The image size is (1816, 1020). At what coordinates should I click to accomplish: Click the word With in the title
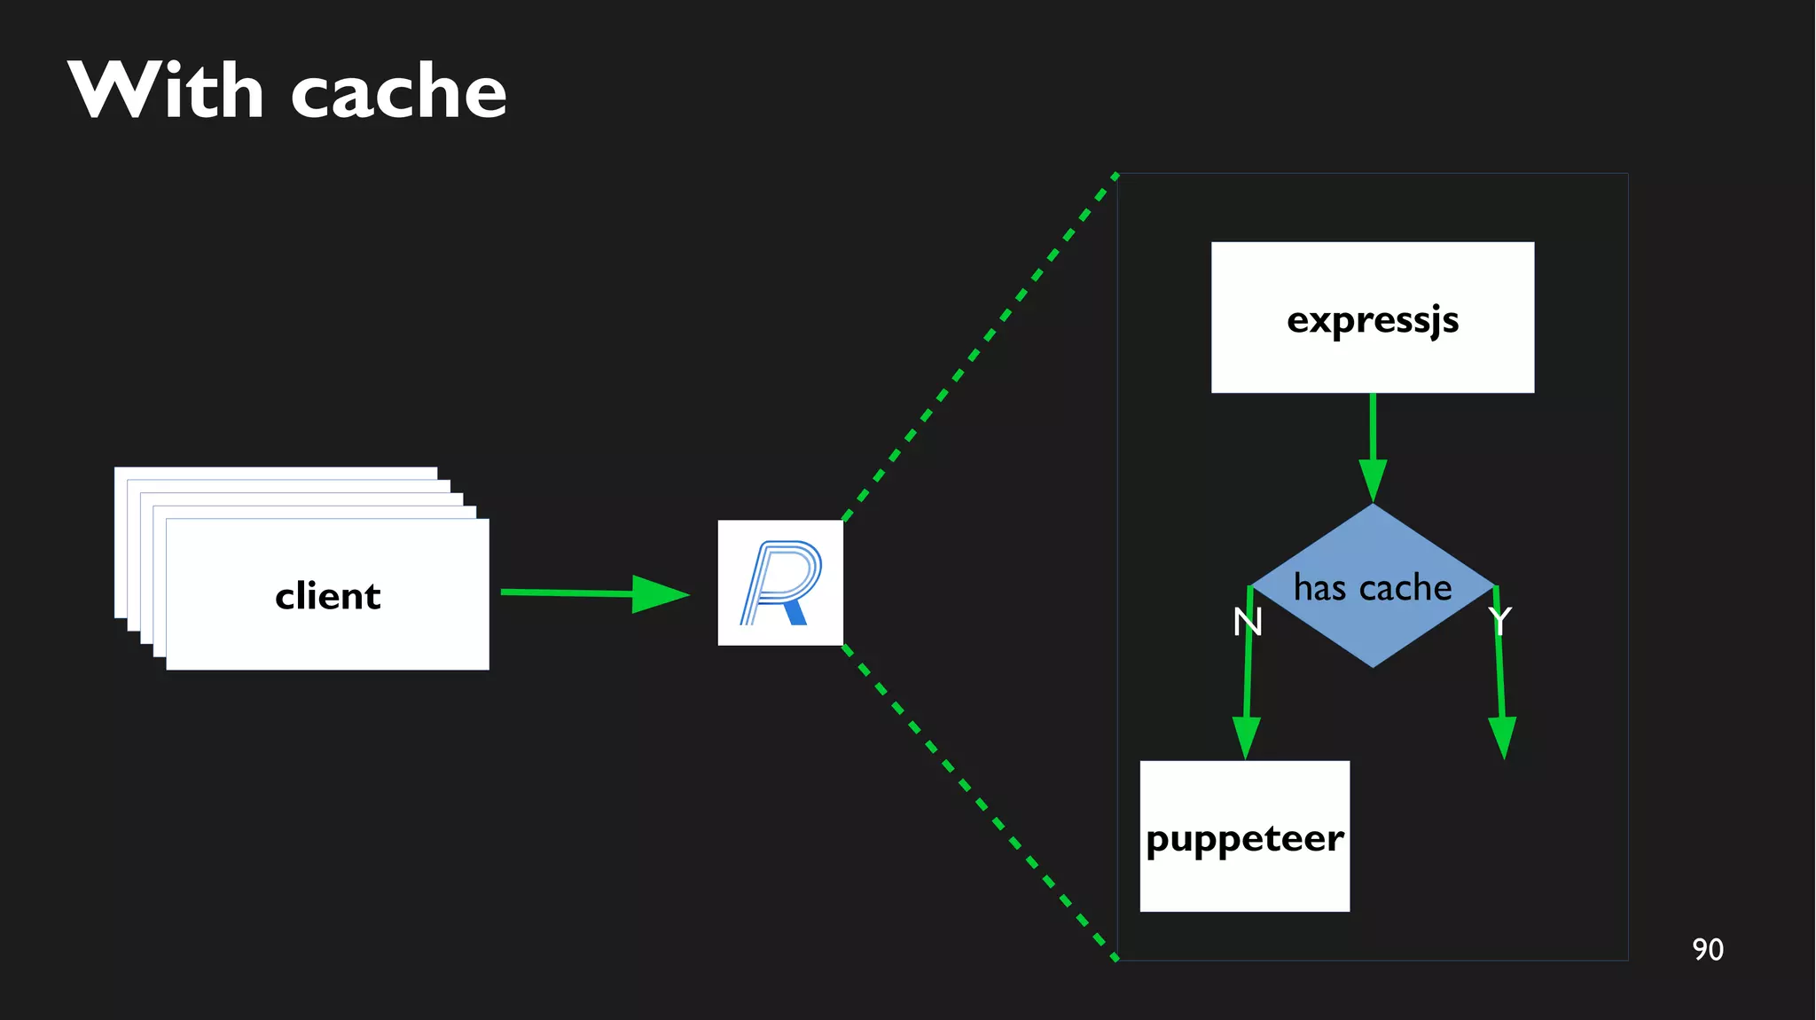(x=166, y=90)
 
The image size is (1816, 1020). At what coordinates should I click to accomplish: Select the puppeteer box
(x=1244, y=878)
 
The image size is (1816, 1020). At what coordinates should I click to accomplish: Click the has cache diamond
(x=1372, y=621)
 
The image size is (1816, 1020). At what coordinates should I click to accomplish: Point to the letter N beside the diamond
(x=1248, y=622)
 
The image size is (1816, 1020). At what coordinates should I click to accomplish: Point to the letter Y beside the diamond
(x=1499, y=621)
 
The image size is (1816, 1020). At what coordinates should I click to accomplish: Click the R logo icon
(x=780, y=583)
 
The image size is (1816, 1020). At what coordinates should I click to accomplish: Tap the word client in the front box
(x=327, y=596)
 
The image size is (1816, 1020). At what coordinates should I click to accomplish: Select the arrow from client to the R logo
(x=567, y=592)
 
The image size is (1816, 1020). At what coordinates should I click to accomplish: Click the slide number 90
(x=1707, y=949)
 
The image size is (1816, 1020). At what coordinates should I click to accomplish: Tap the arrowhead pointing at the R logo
(x=660, y=594)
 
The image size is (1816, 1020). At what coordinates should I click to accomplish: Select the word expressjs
(x=1372, y=320)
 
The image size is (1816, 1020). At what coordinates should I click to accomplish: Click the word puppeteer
(x=1244, y=839)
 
